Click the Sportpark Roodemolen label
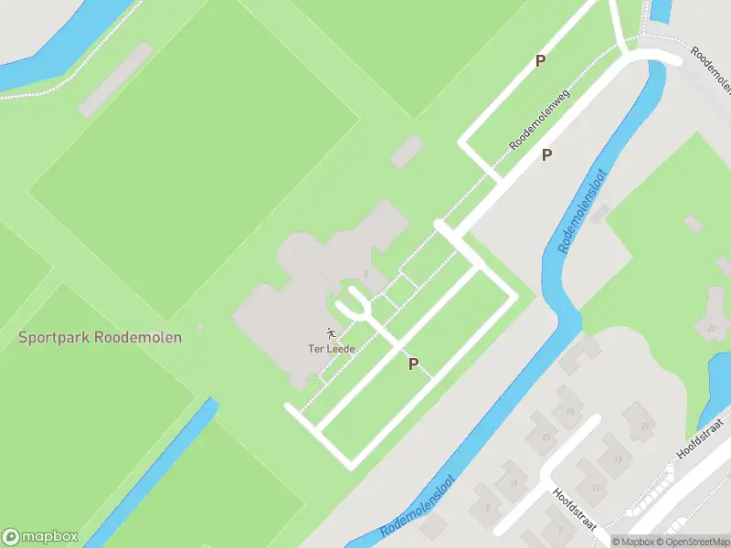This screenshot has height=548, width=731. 101,337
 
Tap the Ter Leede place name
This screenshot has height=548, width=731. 330,348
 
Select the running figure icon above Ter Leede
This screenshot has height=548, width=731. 330,333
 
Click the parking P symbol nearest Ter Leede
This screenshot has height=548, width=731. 413,364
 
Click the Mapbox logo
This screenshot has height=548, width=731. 40,536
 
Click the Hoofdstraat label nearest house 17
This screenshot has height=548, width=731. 575,508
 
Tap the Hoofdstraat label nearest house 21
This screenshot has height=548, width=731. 699,437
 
